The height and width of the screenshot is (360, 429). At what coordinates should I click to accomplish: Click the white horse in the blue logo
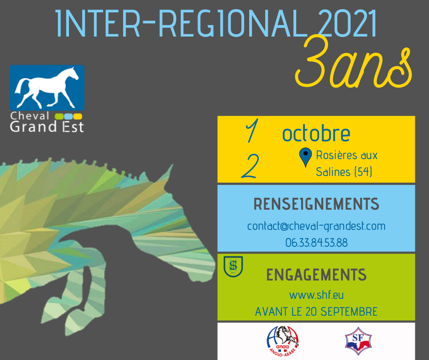coord(47,87)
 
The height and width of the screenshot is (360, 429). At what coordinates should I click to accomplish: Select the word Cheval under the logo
coord(30,116)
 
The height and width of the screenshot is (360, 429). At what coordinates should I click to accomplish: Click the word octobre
coord(316,133)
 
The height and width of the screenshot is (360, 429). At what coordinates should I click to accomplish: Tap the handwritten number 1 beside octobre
coord(252,131)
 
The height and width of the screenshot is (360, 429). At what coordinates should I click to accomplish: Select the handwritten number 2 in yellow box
coord(250,166)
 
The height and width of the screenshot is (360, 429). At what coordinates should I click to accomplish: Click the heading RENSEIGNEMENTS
coord(316,204)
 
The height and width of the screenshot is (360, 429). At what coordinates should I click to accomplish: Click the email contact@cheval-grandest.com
coord(316,226)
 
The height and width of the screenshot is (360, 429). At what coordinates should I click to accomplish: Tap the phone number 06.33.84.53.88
coord(316,243)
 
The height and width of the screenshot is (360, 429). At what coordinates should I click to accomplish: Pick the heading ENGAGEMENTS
coord(316,275)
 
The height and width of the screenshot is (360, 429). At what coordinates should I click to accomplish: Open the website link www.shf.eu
coord(316,295)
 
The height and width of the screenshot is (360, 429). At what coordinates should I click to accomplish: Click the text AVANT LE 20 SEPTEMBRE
coord(316,312)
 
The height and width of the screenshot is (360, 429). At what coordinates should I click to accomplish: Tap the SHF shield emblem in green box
coord(233,266)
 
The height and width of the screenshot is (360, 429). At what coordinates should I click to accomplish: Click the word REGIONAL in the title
coord(233,23)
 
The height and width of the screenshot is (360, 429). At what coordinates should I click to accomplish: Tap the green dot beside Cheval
coord(59,116)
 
